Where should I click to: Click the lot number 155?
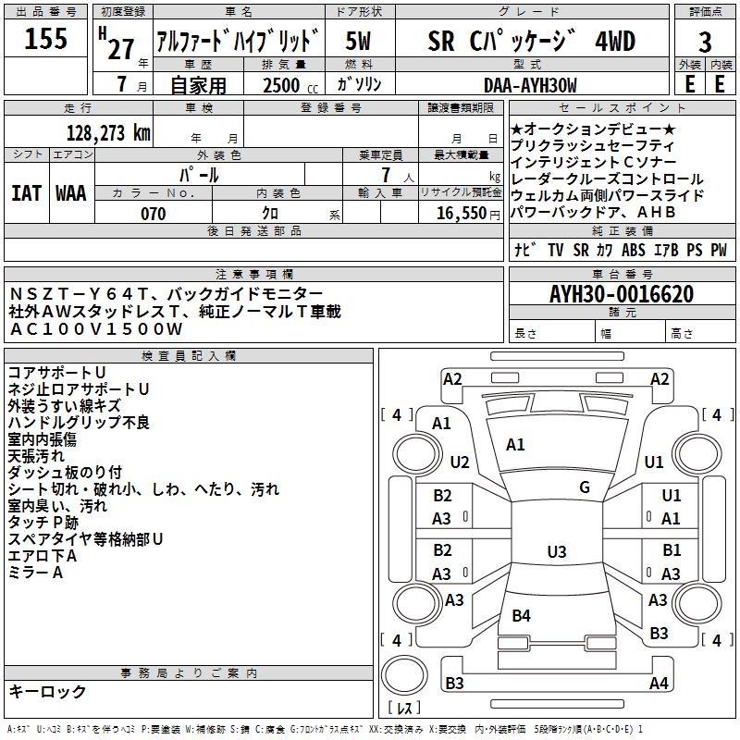point(45,40)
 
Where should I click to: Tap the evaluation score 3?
point(705,43)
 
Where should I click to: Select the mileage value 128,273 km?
point(107,133)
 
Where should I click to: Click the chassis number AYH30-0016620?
point(622,294)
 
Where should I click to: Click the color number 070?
point(153,214)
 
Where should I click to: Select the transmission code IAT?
point(26,192)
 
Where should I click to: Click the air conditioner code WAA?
point(70,192)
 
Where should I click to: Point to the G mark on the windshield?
point(585,487)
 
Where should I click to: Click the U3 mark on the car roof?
point(556,552)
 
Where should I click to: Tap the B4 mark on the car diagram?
point(521,615)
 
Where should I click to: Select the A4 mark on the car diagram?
point(659,684)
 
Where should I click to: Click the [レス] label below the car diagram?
point(404,709)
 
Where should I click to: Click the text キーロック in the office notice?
point(47,692)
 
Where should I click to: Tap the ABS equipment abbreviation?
point(634,249)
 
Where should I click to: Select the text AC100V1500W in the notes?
point(96,328)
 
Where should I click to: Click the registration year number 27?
point(120,48)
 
